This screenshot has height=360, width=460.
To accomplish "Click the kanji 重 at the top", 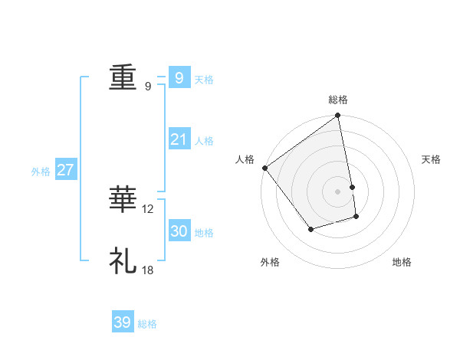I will point(123,78).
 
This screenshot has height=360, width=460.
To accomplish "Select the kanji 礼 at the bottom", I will point(123,260).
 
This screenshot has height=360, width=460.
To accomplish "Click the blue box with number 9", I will point(179,77).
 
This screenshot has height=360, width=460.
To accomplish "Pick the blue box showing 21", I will point(179,139).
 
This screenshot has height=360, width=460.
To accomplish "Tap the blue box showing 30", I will point(179,231).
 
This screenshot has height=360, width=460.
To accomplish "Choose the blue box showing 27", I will point(66,170).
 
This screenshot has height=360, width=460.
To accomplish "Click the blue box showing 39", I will point(122,322).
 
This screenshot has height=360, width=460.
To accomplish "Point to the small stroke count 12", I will point(148,209).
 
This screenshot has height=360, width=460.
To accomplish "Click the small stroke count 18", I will point(148,270).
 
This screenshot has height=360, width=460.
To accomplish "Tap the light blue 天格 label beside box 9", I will point(204,80).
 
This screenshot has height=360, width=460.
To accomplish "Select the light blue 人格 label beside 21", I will point(204,141).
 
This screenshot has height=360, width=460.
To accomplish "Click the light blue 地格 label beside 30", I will point(204,233).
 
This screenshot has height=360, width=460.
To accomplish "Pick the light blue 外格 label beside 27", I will point(41,172).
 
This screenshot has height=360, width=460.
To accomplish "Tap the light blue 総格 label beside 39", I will point(147,325).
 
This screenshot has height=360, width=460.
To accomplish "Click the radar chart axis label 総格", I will point(338,100).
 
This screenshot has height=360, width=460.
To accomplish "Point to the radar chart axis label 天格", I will point(432,159).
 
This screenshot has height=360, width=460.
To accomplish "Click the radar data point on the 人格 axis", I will point(264,168).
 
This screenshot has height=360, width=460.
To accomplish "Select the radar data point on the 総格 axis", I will point(338,116).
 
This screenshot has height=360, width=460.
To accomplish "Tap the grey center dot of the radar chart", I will point(338,191).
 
